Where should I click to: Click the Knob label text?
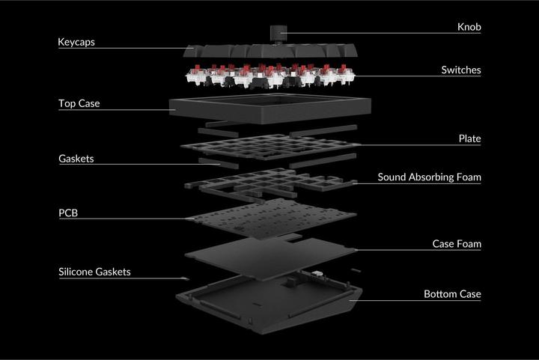[x=469, y=27]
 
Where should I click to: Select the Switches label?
[x=460, y=70]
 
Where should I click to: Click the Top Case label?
[x=79, y=103]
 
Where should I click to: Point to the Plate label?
[x=469, y=138]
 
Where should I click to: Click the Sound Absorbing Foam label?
[x=429, y=177]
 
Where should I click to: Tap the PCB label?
[x=68, y=213]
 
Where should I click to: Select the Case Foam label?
[x=457, y=244]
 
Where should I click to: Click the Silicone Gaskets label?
[x=94, y=272]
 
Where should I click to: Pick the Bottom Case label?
[x=452, y=294]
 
